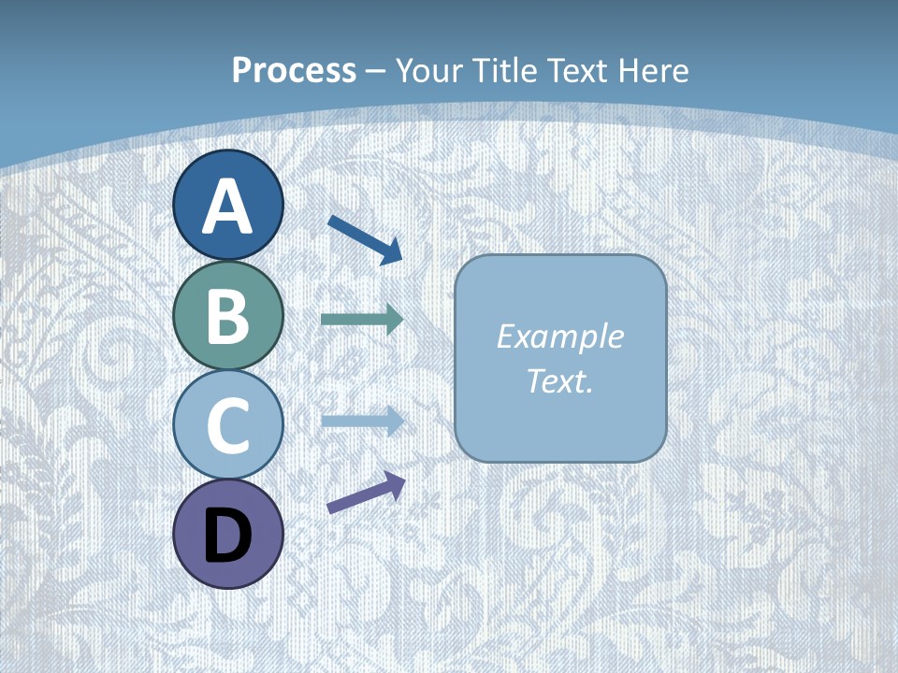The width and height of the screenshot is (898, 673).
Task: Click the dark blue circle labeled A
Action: coord(227,205)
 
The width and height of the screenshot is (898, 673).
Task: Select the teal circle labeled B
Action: coord(227,315)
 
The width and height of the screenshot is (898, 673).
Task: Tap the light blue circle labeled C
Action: coord(227,424)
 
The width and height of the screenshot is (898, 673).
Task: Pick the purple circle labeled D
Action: coord(227,534)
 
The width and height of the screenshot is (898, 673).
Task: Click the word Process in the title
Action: coord(294,70)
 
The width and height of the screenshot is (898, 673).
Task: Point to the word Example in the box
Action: coord(559,336)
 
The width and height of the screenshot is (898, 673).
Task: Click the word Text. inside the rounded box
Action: coord(559,381)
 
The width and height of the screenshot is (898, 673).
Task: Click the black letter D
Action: coord(227,536)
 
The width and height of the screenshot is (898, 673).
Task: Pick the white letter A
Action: coord(227,207)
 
